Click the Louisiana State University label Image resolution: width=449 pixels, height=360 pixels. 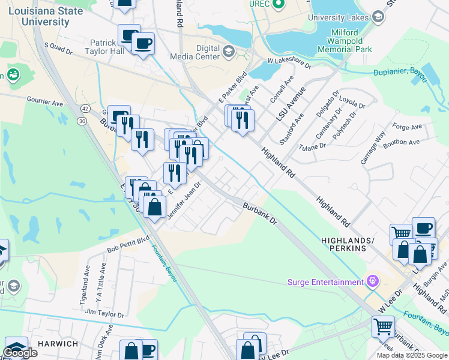46,16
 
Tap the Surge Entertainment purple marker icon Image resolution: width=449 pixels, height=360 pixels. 372,281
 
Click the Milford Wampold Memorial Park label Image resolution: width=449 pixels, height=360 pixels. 352,41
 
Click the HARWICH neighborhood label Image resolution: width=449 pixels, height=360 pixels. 58,344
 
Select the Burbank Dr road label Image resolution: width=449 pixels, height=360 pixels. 259,214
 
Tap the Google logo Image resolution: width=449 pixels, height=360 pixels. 20,352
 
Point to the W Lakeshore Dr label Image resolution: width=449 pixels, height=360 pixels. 289,62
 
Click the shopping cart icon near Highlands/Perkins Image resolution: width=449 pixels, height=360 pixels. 400,233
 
